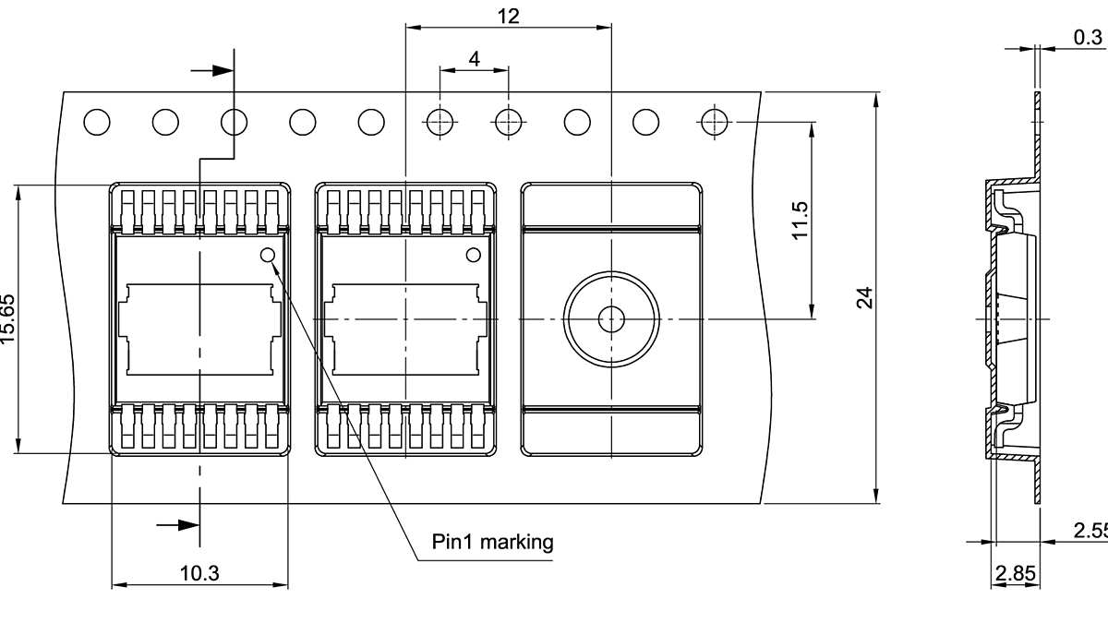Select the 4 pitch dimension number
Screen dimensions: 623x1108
(x=474, y=59)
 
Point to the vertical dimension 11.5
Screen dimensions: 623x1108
(x=800, y=221)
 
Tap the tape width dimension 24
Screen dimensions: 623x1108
(x=864, y=297)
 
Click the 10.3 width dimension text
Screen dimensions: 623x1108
(x=199, y=573)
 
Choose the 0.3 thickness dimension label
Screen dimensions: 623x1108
(x=1087, y=37)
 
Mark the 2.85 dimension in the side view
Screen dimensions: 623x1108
(x=1015, y=573)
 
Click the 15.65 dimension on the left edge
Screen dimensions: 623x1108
(x=8, y=319)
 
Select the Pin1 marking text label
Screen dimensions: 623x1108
(x=492, y=541)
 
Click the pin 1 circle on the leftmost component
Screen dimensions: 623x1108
(x=268, y=255)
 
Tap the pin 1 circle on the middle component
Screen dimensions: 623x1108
(x=474, y=255)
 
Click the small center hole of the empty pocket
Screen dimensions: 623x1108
(x=610, y=319)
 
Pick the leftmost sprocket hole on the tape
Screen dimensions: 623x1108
(x=97, y=121)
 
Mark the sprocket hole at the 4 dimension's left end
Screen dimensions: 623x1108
(x=440, y=121)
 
